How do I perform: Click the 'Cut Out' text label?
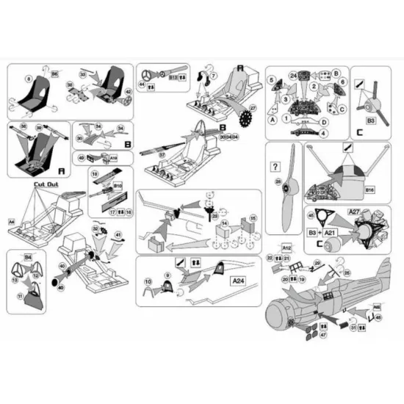tap(46, 185)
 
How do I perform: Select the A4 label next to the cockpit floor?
tap(12, 220)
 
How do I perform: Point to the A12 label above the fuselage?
tap(286, 248)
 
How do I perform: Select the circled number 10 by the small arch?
tap(148, 283)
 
